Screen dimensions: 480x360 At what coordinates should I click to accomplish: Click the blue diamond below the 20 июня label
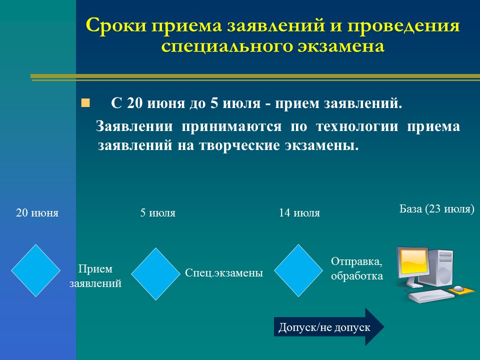click(36, 270)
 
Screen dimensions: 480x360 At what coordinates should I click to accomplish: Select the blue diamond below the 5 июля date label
click(156, 274)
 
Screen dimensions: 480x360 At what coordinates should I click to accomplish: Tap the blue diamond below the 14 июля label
click(298, 270)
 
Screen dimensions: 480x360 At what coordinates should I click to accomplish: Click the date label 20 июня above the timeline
click(37, 213)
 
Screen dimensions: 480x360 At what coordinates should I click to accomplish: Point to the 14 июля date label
click(299, 213)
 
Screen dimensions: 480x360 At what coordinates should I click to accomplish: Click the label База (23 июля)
click(437, 209)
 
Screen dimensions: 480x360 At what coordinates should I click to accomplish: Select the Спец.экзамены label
click(224, 273)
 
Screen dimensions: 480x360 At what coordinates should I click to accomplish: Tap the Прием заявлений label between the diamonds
click(95, 276)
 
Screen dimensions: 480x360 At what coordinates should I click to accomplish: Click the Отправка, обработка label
click(357, 268)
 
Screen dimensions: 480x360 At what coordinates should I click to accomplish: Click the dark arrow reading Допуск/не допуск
click(329, 327)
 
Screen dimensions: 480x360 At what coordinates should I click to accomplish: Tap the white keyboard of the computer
click(431, 295)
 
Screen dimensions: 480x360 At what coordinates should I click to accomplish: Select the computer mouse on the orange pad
click(458, 288)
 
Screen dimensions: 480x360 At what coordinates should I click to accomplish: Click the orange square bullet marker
click(85, 103)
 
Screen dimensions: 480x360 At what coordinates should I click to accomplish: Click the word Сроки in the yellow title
click(116, 25)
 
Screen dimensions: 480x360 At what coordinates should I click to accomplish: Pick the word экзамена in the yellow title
click(341, 46)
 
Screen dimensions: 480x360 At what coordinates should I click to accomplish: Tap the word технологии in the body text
click(357, 126)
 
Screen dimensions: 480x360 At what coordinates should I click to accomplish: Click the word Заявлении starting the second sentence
click(134, 126)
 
